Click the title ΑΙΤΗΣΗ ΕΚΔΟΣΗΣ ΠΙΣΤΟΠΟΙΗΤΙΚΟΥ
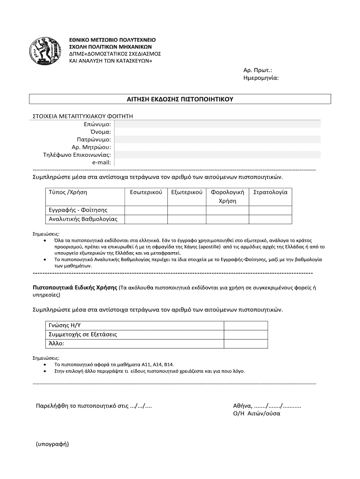[180, 100]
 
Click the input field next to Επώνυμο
[217, 124]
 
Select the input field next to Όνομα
[217, 132]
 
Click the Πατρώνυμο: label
[94, 139]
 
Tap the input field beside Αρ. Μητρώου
[217, 147]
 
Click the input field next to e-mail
[217, 162]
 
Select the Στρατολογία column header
[270, 192]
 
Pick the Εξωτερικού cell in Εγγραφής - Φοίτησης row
[187, 210]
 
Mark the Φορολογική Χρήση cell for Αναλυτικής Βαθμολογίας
[227, 219]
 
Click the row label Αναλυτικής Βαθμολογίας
[83, 219]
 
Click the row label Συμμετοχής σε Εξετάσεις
[82, 334]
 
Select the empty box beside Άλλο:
[246, 343]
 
